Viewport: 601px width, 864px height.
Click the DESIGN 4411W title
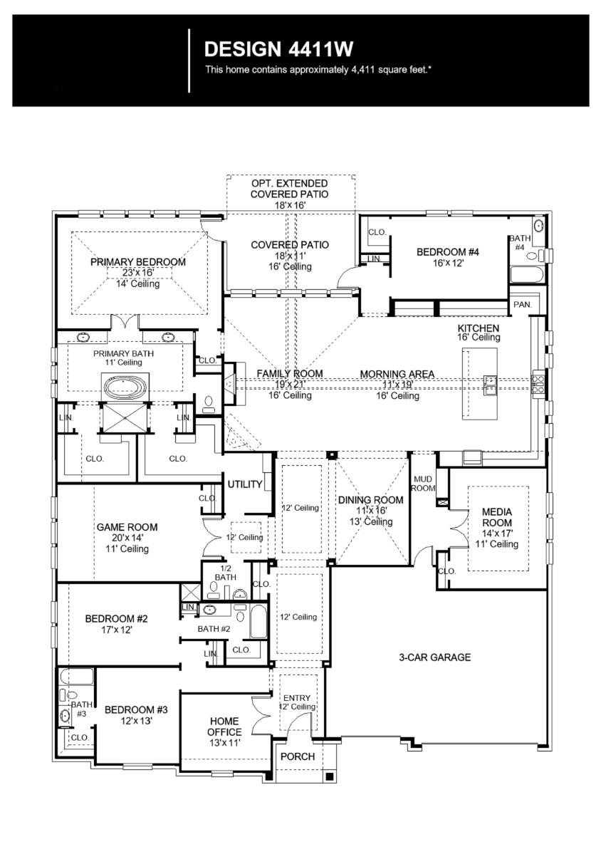click(x=278, y=49)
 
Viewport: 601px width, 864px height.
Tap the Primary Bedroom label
click(x=138, y=262)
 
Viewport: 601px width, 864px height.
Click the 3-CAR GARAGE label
click(x=434, y=657)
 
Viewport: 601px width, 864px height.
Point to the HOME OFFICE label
click(x=224, y=726)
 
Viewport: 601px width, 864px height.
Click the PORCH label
click(x=298, y=756)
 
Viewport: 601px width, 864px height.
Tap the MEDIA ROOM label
click(x=497, y=517)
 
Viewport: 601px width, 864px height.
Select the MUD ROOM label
click(x=422, y=484)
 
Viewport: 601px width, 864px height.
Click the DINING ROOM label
click(x=370, y=500)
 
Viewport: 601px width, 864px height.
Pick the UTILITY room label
click(x=246, y=484)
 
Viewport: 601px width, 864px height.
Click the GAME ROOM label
click(x=127, y=527)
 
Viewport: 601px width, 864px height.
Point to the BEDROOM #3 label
click(x=136, y=710)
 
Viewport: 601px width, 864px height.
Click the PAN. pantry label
click(x=521, y=304)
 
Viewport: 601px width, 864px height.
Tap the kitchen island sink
click(x=491, y=384)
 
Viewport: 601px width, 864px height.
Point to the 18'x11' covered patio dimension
click(x=290, y=256)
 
